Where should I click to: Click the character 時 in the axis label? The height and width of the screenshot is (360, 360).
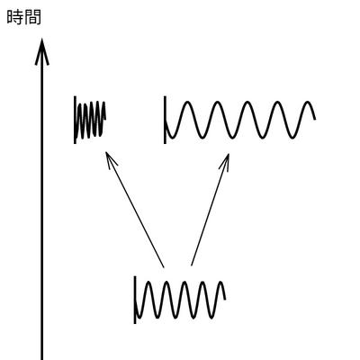point(15,17)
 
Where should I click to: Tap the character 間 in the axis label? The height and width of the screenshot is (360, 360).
point(32,17)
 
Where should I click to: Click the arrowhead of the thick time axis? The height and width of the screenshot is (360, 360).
point(42,51)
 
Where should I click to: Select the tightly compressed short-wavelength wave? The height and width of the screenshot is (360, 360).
point(91,120)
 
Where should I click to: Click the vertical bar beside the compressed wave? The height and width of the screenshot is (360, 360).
point(75,120)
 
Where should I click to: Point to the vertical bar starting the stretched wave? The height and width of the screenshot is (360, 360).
point(165,120)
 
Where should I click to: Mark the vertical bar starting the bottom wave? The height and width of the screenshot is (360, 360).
point(135,300)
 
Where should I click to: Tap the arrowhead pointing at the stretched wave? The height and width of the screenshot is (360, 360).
point(226,161)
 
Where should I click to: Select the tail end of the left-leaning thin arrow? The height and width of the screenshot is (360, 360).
point(164,266)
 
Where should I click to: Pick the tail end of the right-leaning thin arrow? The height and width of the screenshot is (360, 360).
point(192,265)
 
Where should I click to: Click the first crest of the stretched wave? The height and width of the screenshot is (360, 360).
point(186,103)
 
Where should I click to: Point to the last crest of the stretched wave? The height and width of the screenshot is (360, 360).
point(308,103)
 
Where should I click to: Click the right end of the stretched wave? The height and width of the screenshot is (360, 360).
point(315,119)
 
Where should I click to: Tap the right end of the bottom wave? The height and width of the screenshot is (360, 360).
point(225,299)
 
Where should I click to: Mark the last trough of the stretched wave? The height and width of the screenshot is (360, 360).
point(292,138)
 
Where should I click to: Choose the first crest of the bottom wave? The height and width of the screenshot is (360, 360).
point(148,282)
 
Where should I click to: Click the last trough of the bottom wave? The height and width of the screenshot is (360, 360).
point(212,318)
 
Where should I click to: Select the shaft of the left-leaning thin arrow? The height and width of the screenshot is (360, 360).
point(135,210)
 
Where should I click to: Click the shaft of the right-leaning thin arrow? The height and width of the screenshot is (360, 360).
point(210,210)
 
